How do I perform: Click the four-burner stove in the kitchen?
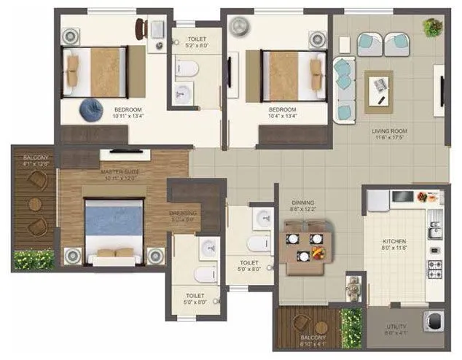click(434, 267)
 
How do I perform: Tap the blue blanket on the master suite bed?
click(109, 222)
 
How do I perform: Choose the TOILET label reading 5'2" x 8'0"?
click(197, 42)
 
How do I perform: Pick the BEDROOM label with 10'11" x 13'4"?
click(128, 113)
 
